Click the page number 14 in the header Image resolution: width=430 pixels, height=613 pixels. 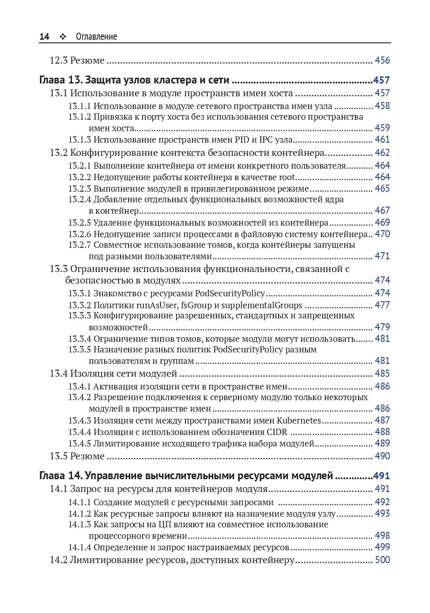44,37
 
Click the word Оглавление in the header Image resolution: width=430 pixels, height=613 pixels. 96,37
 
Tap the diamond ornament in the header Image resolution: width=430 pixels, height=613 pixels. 63,37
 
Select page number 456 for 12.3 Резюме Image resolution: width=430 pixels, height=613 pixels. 382,61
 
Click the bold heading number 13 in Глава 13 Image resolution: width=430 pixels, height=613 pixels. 74,80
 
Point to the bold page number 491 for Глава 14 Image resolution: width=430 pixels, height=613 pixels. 381,476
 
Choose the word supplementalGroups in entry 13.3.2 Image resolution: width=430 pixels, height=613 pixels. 262,305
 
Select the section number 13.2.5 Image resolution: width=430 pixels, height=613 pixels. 79,223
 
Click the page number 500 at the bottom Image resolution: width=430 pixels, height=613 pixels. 382,560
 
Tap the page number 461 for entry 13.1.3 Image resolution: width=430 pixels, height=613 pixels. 382,140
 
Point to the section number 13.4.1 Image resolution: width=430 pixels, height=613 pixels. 79,386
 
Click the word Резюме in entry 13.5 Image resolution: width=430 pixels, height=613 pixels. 87,456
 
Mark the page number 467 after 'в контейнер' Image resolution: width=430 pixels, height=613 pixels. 382,211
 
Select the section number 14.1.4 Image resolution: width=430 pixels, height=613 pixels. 79,548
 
